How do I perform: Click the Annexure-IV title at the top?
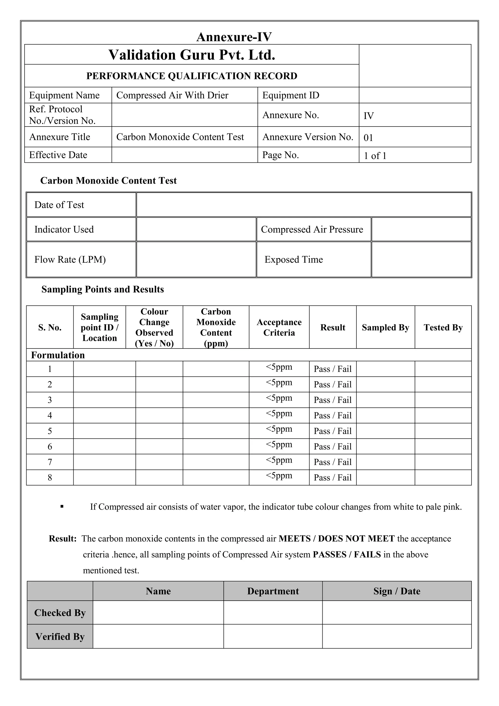[234, 37]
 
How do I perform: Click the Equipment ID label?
[290, 95]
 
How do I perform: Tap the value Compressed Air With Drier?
[172, 95]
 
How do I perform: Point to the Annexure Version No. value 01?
[368, 138]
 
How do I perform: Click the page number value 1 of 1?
[375, 156]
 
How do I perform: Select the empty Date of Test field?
[304, 205]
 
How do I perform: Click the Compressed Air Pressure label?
[312, 229]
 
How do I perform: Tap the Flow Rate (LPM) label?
[70, 259]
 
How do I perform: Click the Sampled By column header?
[385, 328]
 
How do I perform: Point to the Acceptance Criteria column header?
[279, 328]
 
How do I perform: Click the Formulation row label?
[58, 355]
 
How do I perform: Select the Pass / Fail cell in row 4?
[332, 416]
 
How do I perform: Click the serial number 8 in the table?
[50, 477]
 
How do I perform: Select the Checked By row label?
[60, 613]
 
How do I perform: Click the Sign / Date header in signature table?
[397, 591]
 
